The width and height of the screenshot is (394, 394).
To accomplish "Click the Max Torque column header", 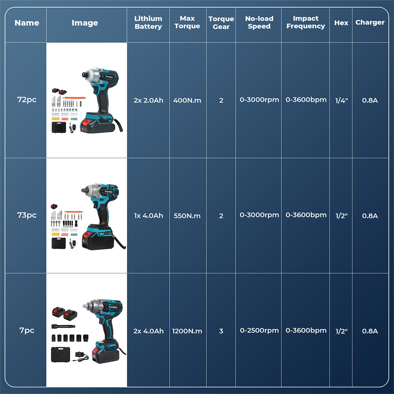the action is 187,22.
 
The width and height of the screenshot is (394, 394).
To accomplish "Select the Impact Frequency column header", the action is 305,22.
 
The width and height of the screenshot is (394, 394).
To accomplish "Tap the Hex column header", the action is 341,23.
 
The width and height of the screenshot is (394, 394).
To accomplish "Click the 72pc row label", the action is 27,99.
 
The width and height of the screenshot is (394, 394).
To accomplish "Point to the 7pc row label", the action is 27,330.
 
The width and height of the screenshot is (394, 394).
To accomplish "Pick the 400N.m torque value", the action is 187,100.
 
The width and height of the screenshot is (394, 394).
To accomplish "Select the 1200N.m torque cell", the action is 187,331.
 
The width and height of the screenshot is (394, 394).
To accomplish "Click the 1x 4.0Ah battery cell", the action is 148,216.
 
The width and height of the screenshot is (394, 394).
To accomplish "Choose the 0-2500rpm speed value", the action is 259,330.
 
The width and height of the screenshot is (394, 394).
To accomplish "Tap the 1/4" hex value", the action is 341,100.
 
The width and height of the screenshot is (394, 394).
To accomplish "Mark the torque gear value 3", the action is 221,331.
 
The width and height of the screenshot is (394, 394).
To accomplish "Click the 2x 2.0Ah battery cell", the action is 148,100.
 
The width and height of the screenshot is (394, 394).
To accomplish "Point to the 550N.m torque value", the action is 187,216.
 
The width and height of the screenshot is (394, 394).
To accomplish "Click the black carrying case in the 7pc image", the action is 60,354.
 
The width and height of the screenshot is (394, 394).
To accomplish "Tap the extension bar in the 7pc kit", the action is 63,326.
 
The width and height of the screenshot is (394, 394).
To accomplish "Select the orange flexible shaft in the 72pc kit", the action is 74,98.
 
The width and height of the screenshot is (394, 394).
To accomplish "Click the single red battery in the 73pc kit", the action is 54,206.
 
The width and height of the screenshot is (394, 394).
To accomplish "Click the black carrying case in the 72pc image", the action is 59,127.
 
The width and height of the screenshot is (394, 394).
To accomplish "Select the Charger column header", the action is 370,23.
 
